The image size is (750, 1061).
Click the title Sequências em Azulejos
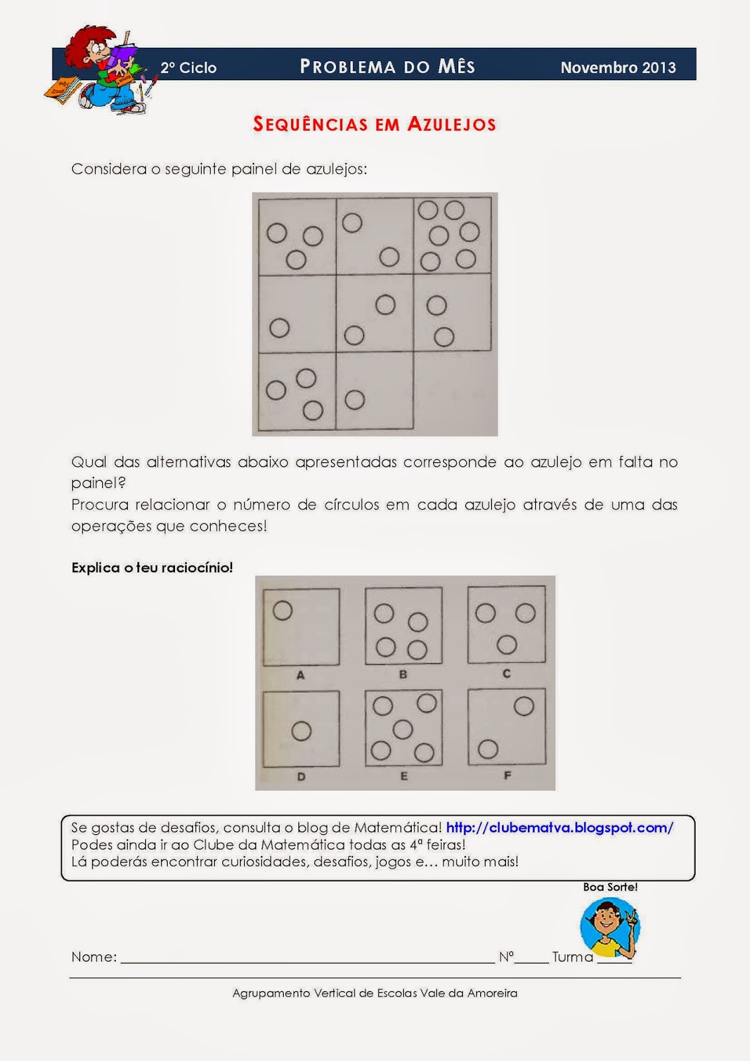(374, 124)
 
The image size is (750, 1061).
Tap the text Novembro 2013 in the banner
(618, 67)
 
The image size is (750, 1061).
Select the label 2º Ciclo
(188, 68)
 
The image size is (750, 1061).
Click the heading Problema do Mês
(387, 66)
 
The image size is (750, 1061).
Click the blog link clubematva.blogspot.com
(560, 828)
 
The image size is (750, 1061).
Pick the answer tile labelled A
(301, 627)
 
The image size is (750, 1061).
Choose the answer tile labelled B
(404, 625)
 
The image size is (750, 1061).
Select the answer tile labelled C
(507, 624)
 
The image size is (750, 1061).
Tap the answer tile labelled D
(301, 729)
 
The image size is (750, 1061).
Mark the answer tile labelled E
(404, 727)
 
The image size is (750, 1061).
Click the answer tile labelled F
(507, 727)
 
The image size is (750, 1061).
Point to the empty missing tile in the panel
(453, 391)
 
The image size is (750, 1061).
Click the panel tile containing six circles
(452, 236)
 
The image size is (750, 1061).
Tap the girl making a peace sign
(610, 928)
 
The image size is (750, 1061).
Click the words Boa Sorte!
(610, 887)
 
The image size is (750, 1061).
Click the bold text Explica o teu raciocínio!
(152, 568)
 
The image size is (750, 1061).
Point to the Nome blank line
(308, 962)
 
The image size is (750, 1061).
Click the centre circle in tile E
(403, 729)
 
